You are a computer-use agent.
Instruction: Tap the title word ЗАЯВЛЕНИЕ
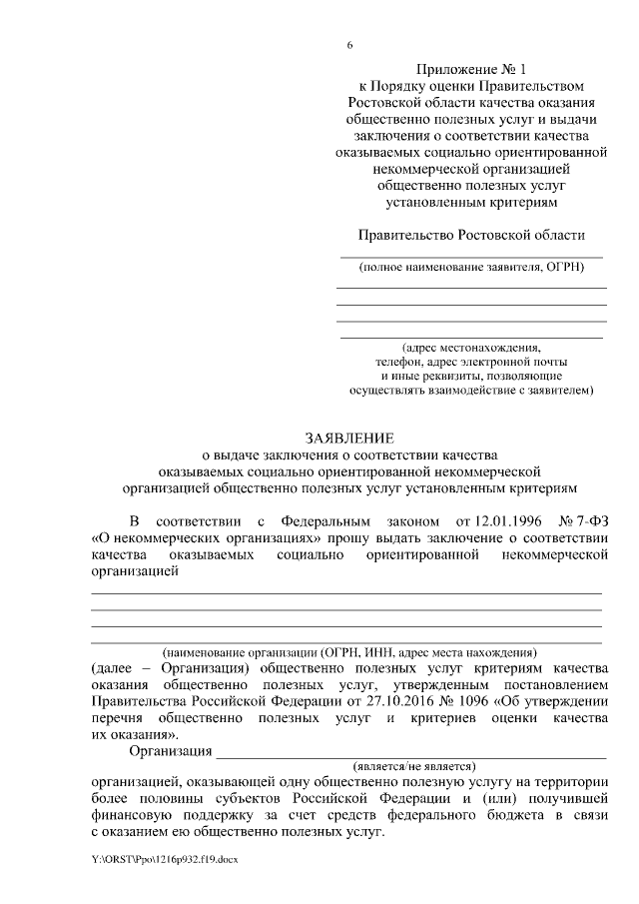[349, 437]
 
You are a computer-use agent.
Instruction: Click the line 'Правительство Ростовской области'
[471, 235]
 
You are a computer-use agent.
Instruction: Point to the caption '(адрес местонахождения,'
[471, 345]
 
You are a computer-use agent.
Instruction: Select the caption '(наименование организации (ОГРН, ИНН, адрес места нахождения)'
[349, 649]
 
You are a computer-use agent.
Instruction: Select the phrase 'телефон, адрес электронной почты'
[471, 360]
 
